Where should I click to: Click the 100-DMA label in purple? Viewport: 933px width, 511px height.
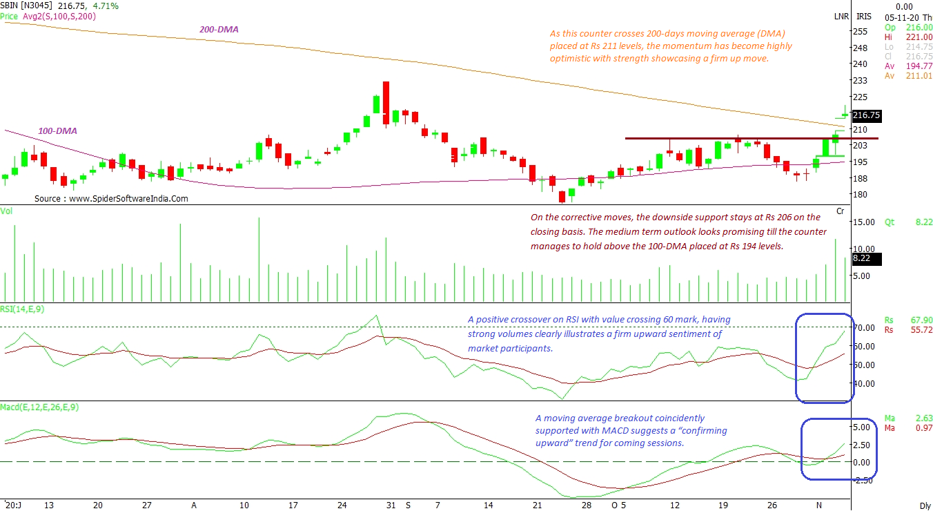coord(57,131)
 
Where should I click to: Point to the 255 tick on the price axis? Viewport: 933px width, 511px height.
coord(860,32)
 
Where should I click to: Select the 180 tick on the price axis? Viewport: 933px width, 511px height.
coord(860,194)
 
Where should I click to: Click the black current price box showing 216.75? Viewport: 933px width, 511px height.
coord(867,115)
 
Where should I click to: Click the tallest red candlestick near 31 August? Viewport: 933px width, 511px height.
coord(386,103)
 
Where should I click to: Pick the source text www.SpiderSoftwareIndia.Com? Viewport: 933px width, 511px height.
coord(111,198)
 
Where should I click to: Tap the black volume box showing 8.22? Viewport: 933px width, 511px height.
coord(864,259)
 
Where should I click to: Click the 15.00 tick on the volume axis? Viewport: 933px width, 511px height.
coord(864,222)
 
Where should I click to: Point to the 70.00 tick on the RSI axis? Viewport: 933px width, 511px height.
coord(865,327)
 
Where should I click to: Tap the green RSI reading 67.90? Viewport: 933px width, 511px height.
coord(921,320)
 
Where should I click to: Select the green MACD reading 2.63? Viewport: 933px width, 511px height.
coord(923,418)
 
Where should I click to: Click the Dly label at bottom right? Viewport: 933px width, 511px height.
coord(925,505)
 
